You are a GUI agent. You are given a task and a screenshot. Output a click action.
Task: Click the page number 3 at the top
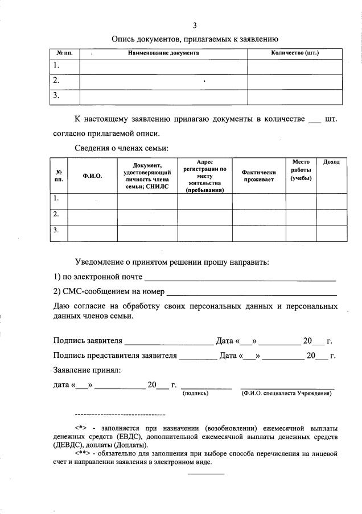[x=195, y=25]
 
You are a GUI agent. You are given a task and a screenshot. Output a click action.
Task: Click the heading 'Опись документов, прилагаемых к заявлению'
[x=194, y=39]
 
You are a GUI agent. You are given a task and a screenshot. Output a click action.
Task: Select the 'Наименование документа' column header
[x=163, y=53]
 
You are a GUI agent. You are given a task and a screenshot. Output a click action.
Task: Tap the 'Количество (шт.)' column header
[x=294, y=53]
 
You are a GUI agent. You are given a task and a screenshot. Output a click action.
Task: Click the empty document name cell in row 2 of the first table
[x=163, y=81]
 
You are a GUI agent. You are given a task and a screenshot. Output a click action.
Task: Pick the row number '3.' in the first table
[x=56, y=96]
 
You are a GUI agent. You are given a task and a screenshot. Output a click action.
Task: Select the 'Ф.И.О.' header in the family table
[x=92, y=176]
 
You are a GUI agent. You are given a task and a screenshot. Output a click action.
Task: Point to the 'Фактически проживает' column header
[x=258, y=176]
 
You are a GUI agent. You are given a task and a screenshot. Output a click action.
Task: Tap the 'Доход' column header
[x=331, y=162]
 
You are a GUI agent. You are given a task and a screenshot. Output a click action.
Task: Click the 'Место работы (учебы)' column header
[x=301, y=170]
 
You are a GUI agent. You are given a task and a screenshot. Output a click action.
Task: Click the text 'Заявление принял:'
[x=87, y=370]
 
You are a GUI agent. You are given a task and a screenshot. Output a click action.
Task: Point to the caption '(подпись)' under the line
[x=195, y=393]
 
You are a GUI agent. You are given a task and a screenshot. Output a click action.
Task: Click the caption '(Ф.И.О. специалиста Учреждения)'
[x=286, y=393]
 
